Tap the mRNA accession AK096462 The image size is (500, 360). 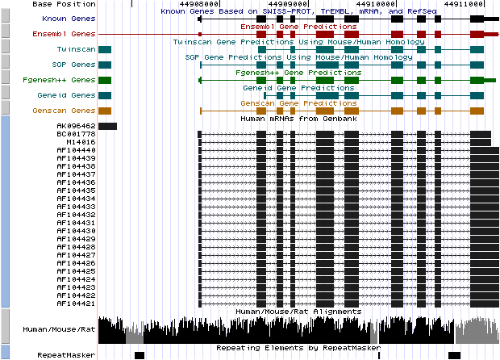pyautogui.click(x=76, y=126)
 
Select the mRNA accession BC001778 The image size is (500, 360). pyautogui.click(x=76, y=134)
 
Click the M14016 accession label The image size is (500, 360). pyautogui.click(x=80, y=142)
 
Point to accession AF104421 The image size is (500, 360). pyautogui.click(x=76, y=303)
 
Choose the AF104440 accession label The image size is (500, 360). pyautogui.click(x=76, y=150)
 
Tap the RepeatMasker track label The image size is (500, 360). pyautogui.click(x=66, y=355)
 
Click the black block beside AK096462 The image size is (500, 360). pyautogui.click(x=107, y=126)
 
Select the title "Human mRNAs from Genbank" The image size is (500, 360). pyautogui.click(x=298, y=119)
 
